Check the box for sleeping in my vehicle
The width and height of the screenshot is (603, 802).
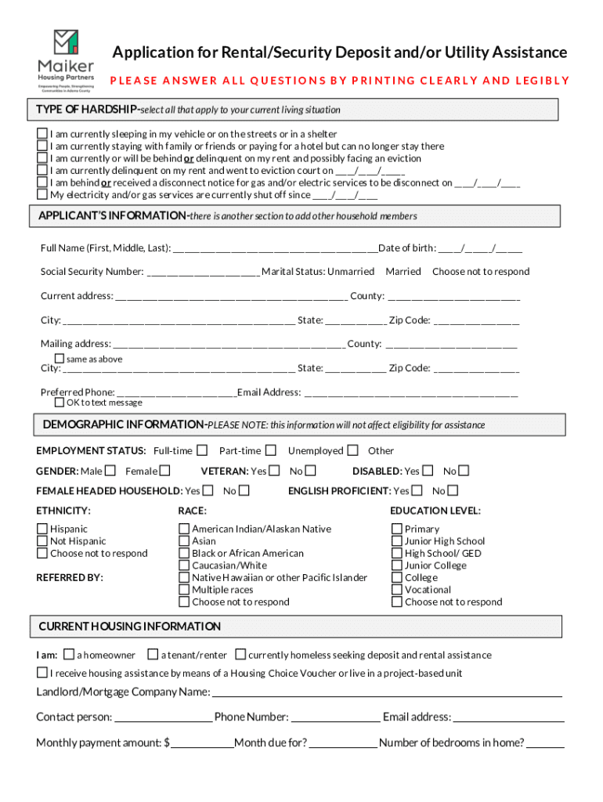point(42,134)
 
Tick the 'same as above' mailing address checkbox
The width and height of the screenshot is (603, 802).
point(59,358)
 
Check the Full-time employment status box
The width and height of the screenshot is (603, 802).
point(202,450)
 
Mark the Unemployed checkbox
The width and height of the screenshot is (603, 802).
point(353,450)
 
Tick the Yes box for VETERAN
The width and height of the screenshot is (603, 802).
point(274,471)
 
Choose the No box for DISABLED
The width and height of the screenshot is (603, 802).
point(464,471)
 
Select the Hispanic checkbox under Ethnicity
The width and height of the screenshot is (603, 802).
point(42,529)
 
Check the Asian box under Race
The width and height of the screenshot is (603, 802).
point(184,541)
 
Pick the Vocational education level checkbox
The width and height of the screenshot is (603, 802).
point(397,590)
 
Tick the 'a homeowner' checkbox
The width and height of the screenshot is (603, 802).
point(69,654)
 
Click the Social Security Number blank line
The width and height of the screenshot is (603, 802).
point(203,273)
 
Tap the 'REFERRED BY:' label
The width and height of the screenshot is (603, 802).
point(70,577)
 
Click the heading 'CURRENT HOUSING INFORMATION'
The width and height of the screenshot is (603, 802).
point(130,627)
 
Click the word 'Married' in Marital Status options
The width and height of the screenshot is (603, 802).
point(403,271)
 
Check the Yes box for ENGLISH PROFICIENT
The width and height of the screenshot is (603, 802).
point(417,491)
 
